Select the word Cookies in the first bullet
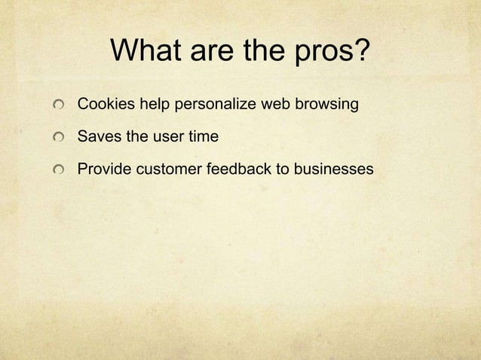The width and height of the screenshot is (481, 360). pos(103,105)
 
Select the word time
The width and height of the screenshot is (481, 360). pos(203,138)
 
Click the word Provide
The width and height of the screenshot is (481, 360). pos(103,171)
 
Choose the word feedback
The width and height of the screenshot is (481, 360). pos(237,171)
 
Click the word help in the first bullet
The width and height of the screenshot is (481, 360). pos(154,105)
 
